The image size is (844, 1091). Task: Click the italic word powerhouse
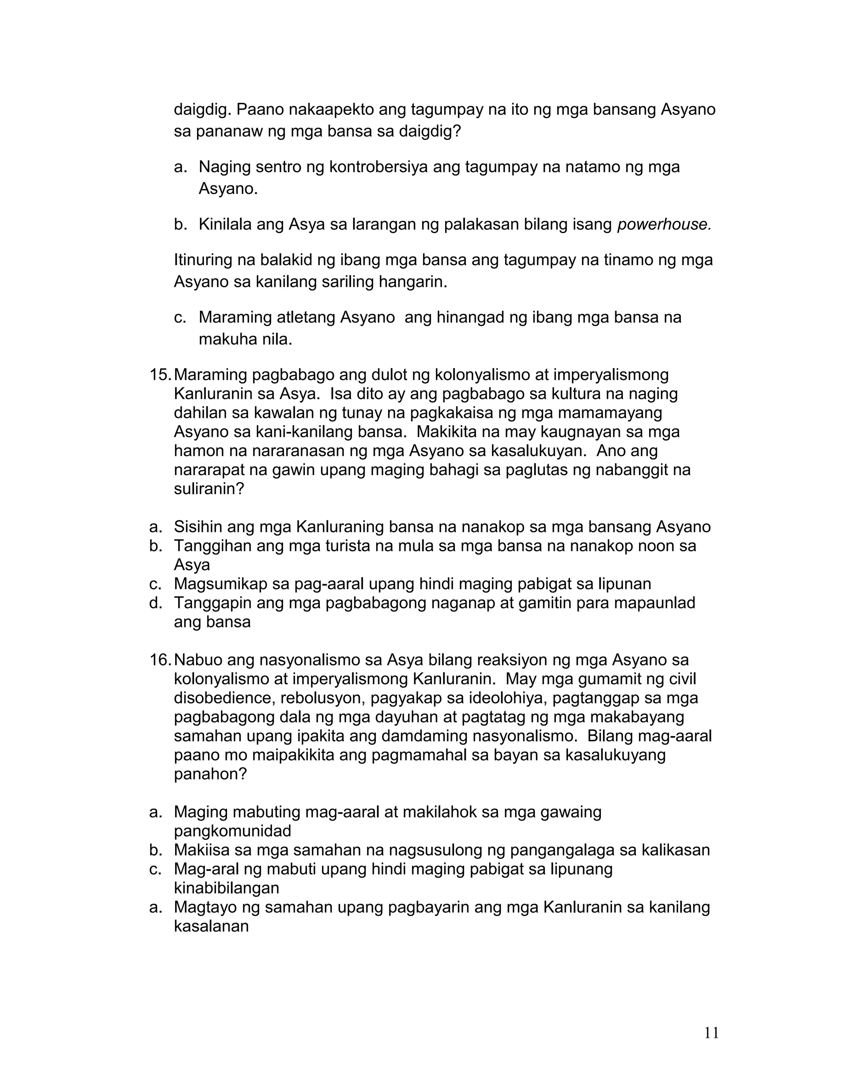point(664,225)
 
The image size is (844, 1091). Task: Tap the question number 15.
point(160,375)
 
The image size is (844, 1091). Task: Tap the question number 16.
point(160,660)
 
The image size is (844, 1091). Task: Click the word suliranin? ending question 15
point(209,489)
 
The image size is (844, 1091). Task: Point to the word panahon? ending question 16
point(211,774)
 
